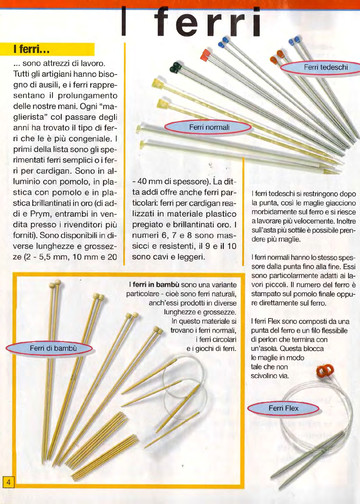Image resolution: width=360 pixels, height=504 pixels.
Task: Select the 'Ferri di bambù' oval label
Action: (50, 347)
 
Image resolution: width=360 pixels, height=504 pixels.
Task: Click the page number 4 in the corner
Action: (8, 483)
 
